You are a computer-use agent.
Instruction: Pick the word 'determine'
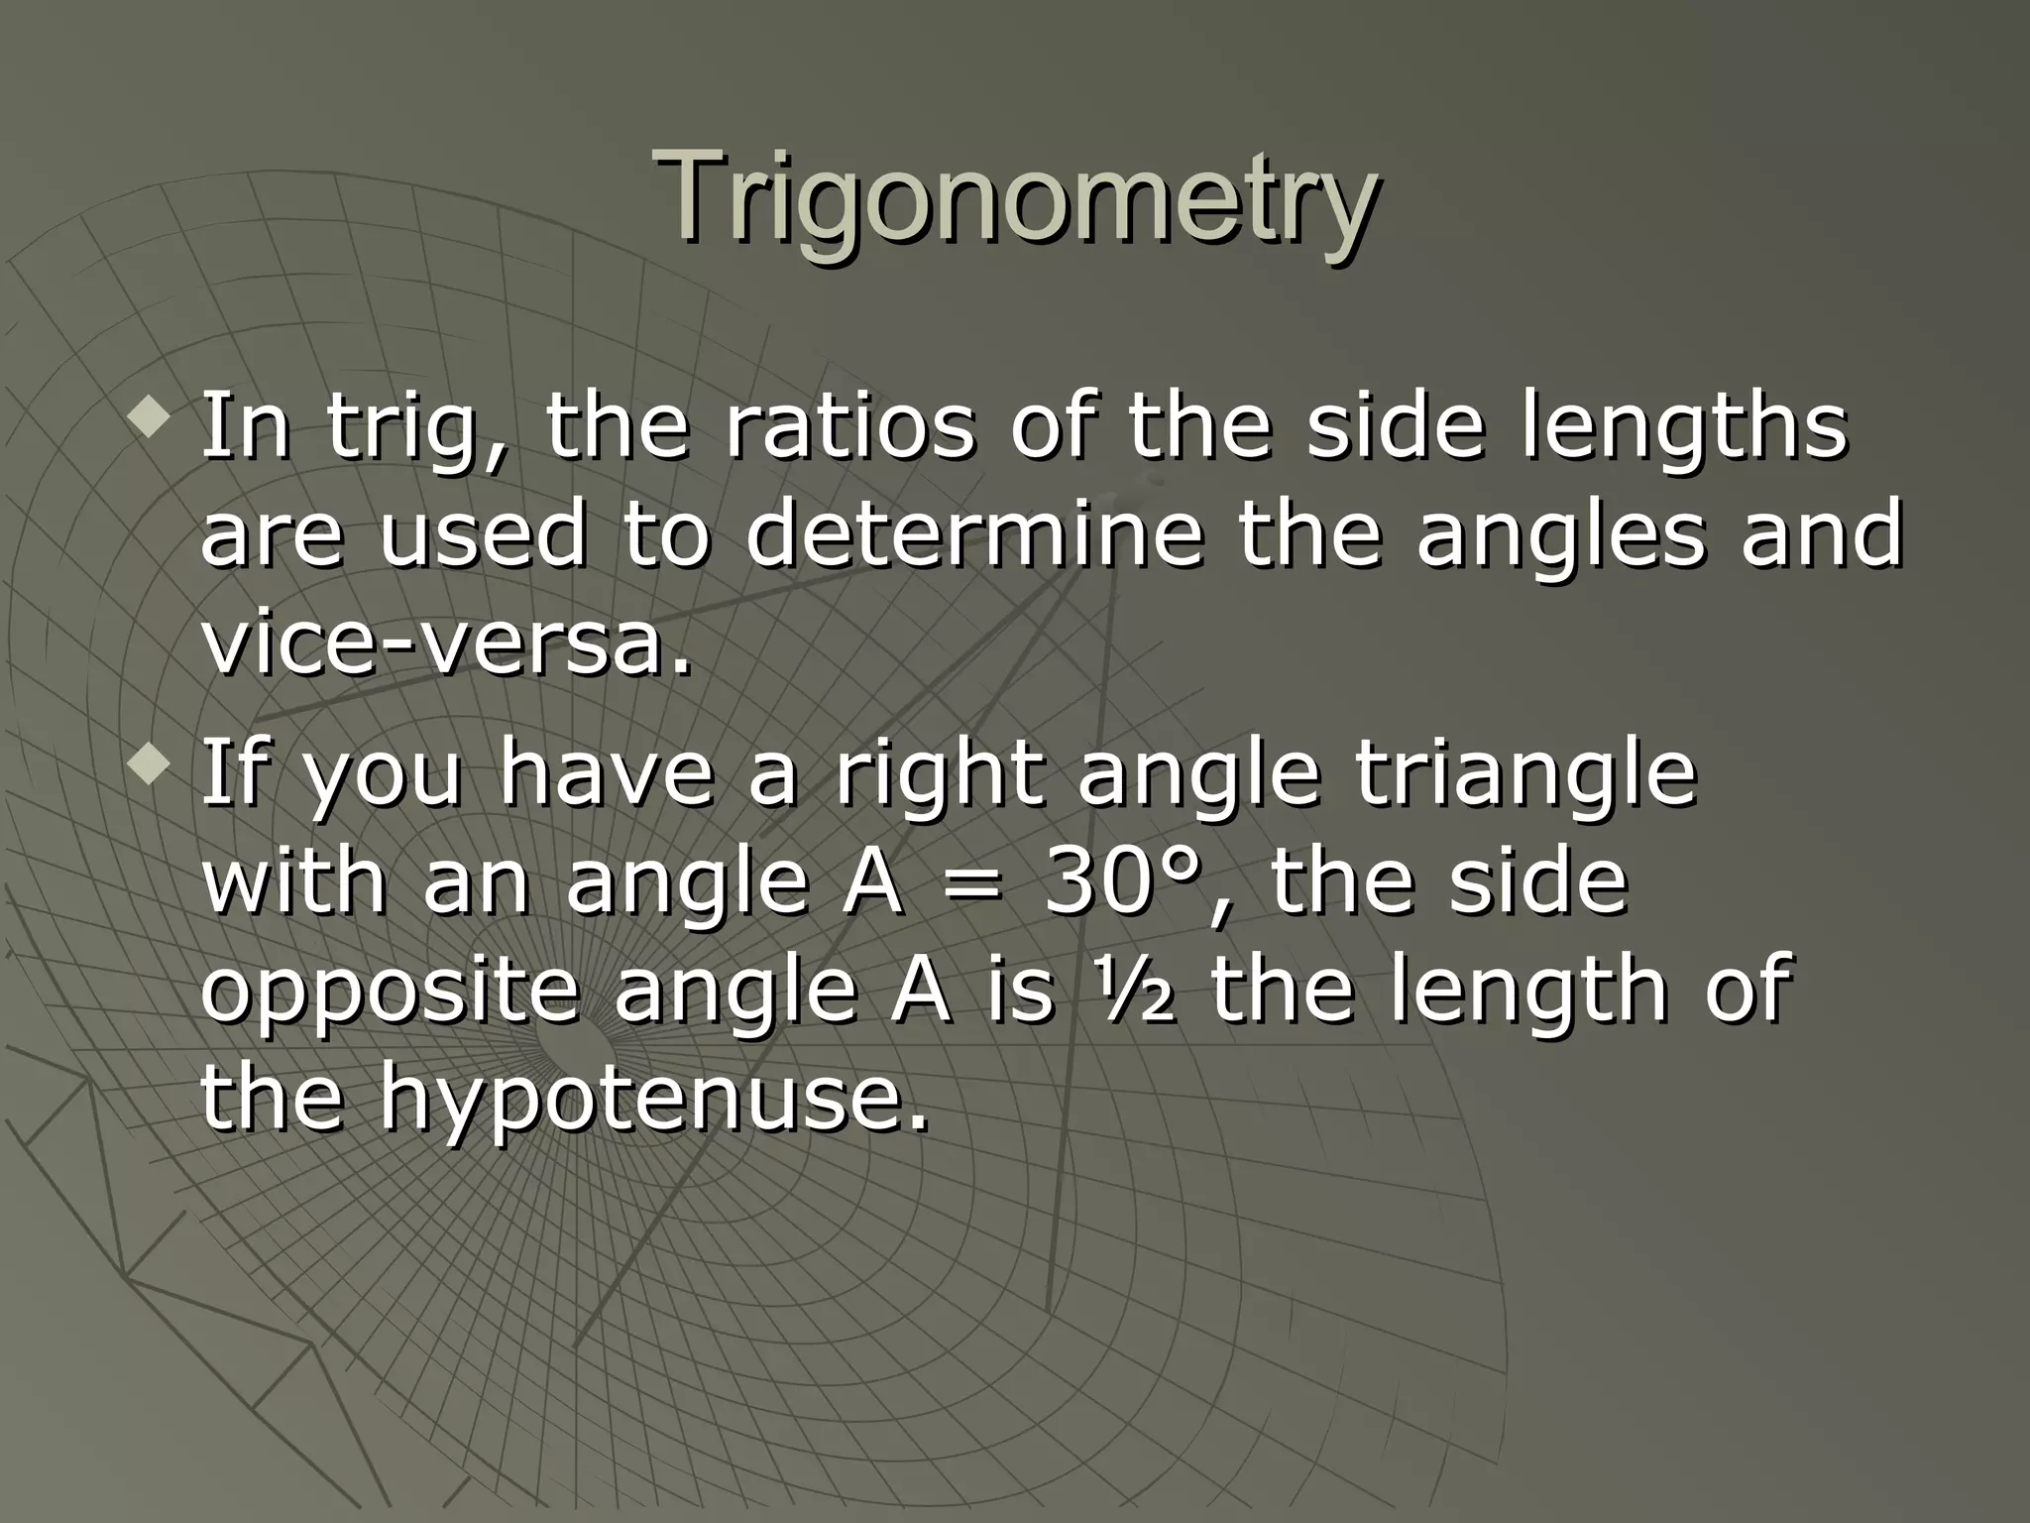pyautogui.click(x=974, y=536)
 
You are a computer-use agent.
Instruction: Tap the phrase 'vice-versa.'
pyautogui.click(x=446, y=644)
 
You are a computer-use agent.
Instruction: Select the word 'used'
pyautogui.click(x=483, y=536)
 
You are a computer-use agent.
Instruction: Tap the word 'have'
pyautogui.click(x=605, y=775)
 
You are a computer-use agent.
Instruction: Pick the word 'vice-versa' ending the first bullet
pyautogui.click(x=446, y=644)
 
